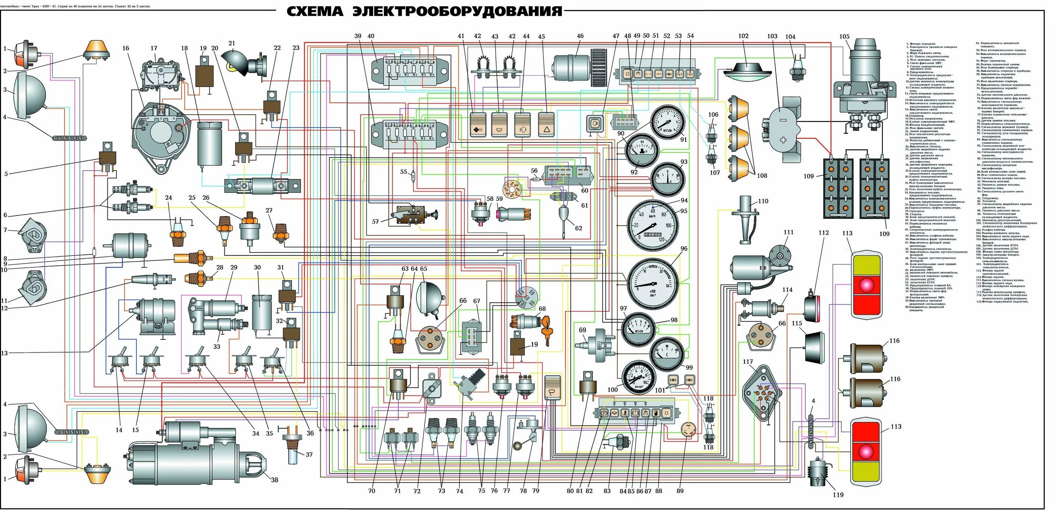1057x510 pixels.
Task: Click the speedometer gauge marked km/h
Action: [653, 225]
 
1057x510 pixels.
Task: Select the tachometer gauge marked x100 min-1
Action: [653, 283]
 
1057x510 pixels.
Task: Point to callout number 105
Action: [844, 37]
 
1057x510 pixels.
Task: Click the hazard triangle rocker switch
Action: [546, 125]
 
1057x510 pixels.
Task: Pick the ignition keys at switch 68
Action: [546, 331]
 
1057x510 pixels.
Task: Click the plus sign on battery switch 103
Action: [783, 140]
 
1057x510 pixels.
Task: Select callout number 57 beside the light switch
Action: [375, 221]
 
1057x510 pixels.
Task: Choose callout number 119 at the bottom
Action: [838, 495]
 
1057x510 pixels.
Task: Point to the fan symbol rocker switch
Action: [478, 125]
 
